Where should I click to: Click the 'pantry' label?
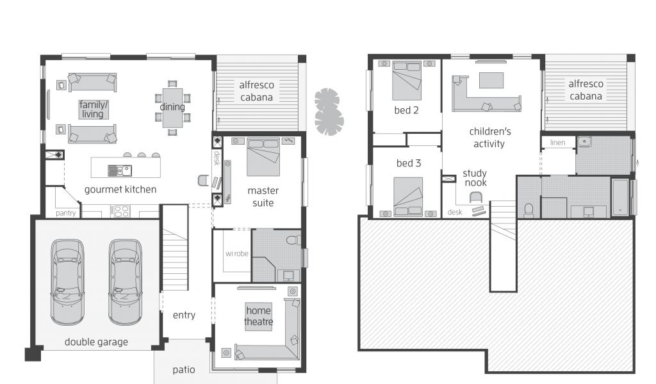[66, 213]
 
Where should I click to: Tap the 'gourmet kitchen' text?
[120, 189]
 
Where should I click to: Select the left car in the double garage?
[67, 282]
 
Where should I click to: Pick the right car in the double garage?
[125, 282]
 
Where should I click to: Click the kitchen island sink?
[120, 170]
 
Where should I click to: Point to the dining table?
[172, 108]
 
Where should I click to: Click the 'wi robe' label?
[237, 253]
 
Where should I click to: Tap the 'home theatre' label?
[259, 316]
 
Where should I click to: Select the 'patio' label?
[184, 370]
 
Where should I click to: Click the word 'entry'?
[184, 315]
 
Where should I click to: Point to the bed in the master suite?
[263, 157]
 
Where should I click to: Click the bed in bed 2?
[407, 81]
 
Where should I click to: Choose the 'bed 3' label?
[409, 163]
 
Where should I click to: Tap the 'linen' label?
[558, 143]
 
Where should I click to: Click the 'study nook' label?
[475, 177]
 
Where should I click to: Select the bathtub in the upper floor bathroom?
[620, 197]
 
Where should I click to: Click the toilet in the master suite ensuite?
[293, 239]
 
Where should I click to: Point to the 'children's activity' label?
[489, 138]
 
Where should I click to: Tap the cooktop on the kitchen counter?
[120, 211]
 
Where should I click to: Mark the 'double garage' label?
[96, 342]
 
